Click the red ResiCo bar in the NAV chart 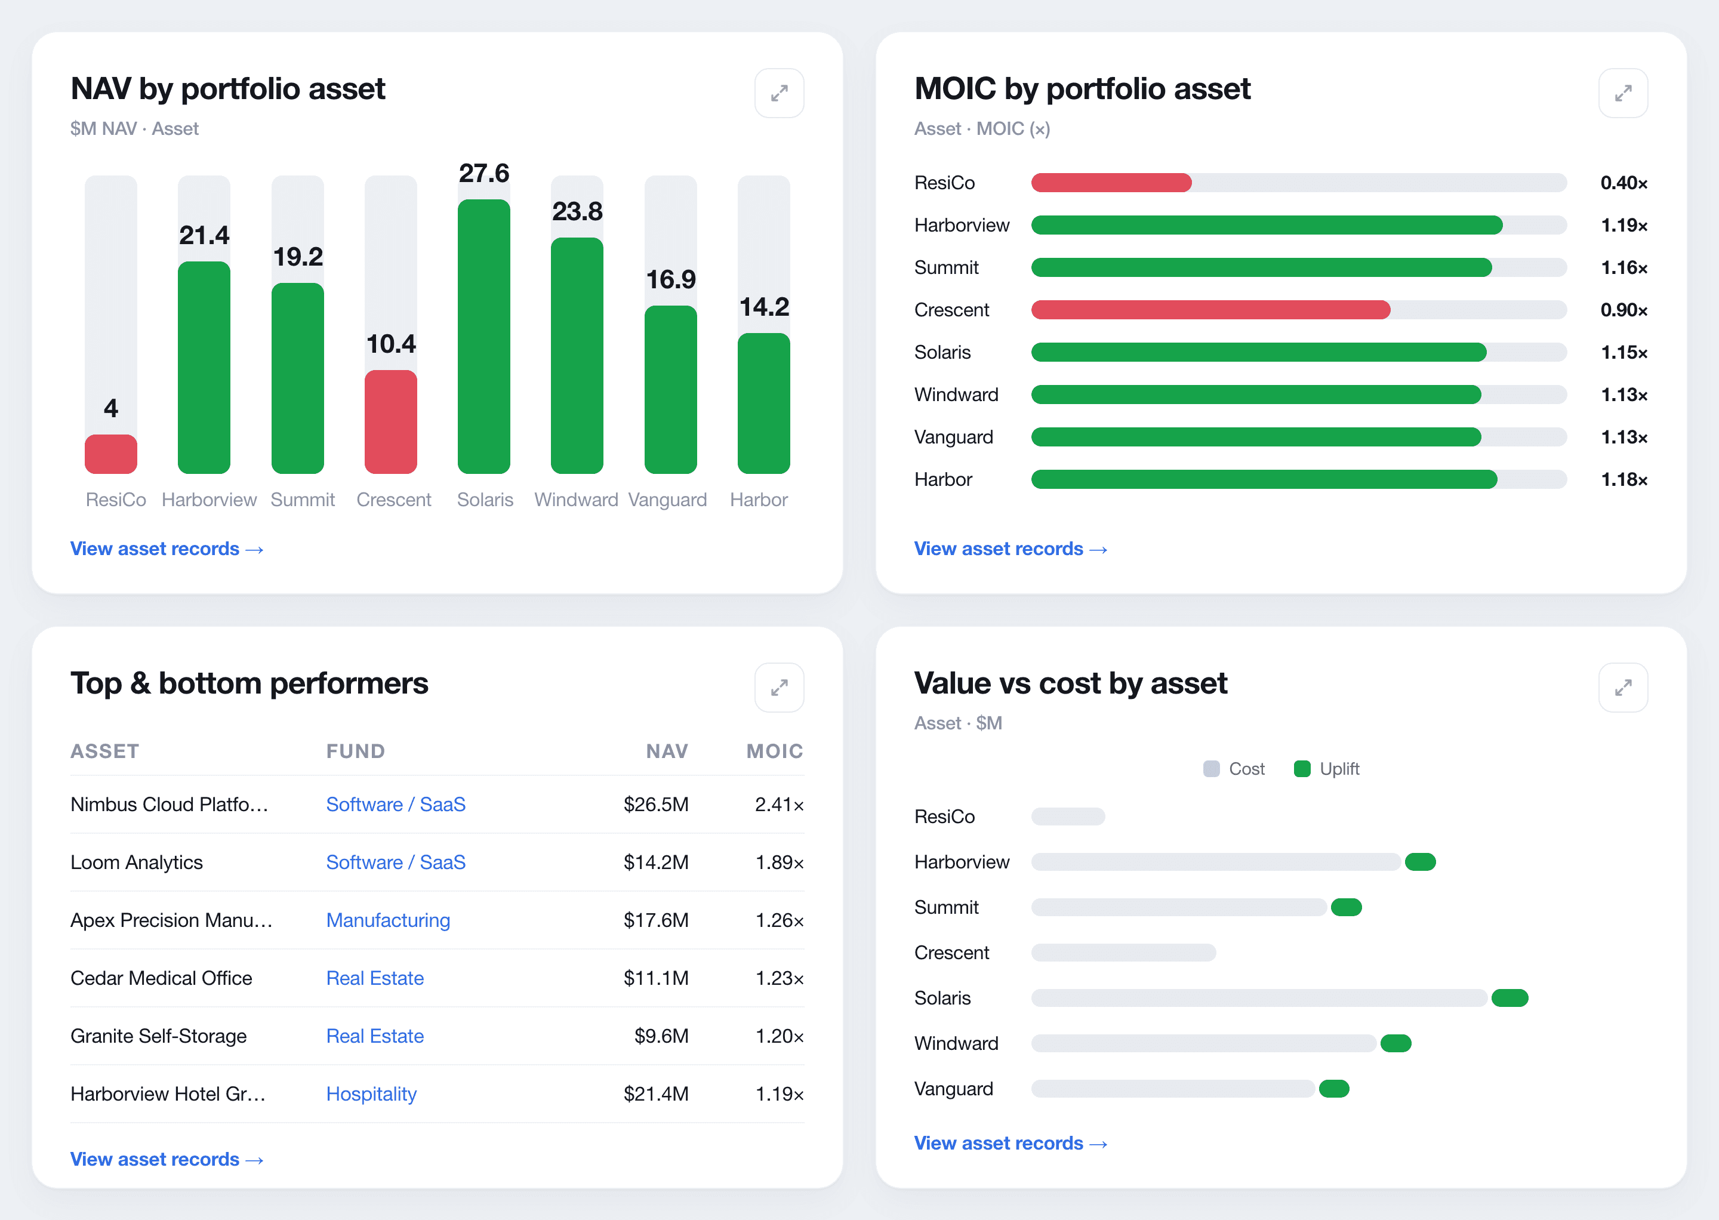pos(110,454)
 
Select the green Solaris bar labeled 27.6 pos(484,337)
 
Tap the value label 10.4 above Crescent pos(391,344)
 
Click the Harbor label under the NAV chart pos(759,500)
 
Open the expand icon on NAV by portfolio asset pos(779,93)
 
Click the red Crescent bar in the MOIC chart pos(1210,310)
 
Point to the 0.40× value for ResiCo pos(1624,183)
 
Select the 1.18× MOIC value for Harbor pos(1624,479)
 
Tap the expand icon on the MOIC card pos(1623,93)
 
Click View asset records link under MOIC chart pos(1011,549)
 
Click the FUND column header pos(355,751)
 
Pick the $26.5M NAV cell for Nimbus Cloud pos(656,805)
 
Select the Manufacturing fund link pos(389,920)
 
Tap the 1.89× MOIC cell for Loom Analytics pos(779,862)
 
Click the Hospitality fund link pos(371,1094)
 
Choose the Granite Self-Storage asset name pos(159,1036)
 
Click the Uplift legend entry pos(1326,769)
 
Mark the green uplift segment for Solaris pos(1509,997)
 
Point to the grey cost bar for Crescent pos(1123,953)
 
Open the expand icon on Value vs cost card pos(1623,688)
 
